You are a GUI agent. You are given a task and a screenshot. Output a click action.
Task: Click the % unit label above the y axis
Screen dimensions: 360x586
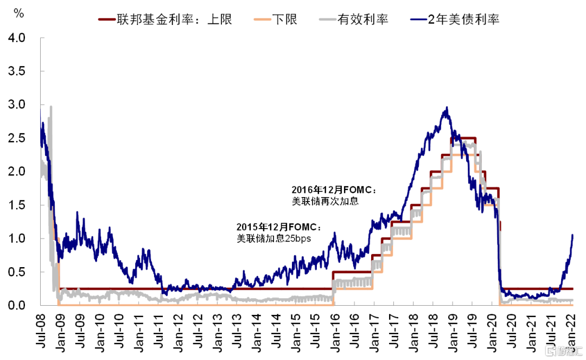pyautogui.click(x=18, y=14)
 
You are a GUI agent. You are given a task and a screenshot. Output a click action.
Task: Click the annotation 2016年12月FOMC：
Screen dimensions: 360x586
pyautogui.click(x=334, y=191)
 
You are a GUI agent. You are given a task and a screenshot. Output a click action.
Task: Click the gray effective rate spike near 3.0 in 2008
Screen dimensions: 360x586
pyautogui.click(x=51, y=108)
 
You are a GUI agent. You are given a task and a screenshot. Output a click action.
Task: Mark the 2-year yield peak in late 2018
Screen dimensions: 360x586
pyautogui.click(x=447, y=108)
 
